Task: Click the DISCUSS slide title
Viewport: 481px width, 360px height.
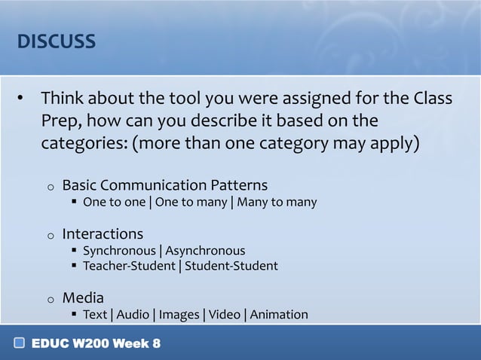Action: [x=57, y=41]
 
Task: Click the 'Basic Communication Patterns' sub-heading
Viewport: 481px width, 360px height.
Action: [x=164, y=185]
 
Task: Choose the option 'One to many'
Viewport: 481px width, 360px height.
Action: [x=191, y=202]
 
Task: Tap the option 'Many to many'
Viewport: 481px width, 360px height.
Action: [x=277, y=202]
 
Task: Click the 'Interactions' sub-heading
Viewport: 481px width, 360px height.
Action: [x=102, y=233]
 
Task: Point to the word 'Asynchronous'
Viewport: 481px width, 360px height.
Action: [x=205, y=250]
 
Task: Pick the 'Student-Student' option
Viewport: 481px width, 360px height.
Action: [x=231, y=266]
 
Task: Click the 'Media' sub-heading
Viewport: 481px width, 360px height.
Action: [x=83, y=297]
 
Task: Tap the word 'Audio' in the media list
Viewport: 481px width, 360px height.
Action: [x=132, y=314]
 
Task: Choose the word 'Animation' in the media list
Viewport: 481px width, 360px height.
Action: [x=279, y=314]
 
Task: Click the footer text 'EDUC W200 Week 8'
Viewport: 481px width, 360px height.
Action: [x=96, y=344]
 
